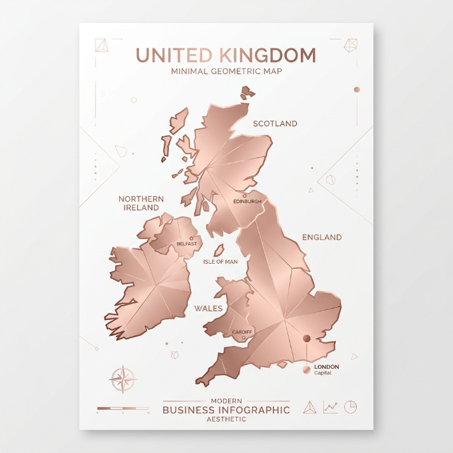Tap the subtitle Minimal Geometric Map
[226, 71]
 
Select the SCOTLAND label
[275, 124]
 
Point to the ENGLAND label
[322, 237]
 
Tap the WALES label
[208, 308]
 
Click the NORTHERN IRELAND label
[141, 203]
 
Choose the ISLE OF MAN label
[220, 262]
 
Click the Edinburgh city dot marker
[245, 196]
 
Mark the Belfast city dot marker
[191, 238]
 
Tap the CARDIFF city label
[242, 333]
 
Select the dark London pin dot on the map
[306, 338]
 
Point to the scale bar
[123, 408]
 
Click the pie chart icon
[350, 406]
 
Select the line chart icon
[330, 407]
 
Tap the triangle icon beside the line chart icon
[310, 407]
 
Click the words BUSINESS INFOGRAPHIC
[226, 410]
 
